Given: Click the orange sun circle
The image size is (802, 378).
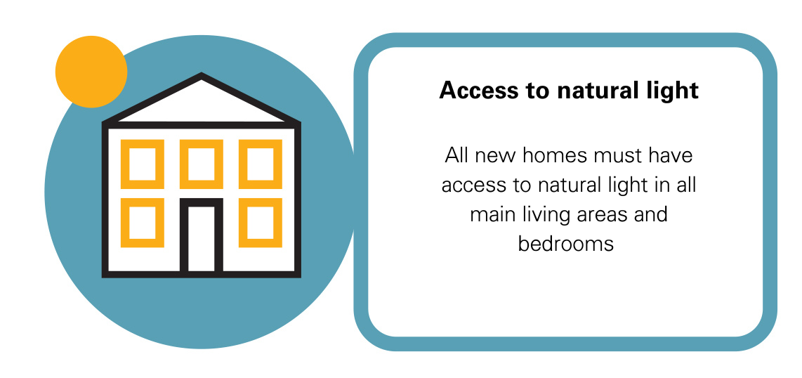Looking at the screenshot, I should coord(91,72).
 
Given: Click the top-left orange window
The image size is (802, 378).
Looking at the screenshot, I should coord(143,164).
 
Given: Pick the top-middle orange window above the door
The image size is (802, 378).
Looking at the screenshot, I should coord(202,164).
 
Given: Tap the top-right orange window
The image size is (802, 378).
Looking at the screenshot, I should coord(261,164).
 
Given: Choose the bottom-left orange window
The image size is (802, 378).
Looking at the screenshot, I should coord(143,223).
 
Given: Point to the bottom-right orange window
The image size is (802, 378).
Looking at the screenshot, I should coord(261,223).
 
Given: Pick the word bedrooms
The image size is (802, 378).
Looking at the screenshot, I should coord(566,244).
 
